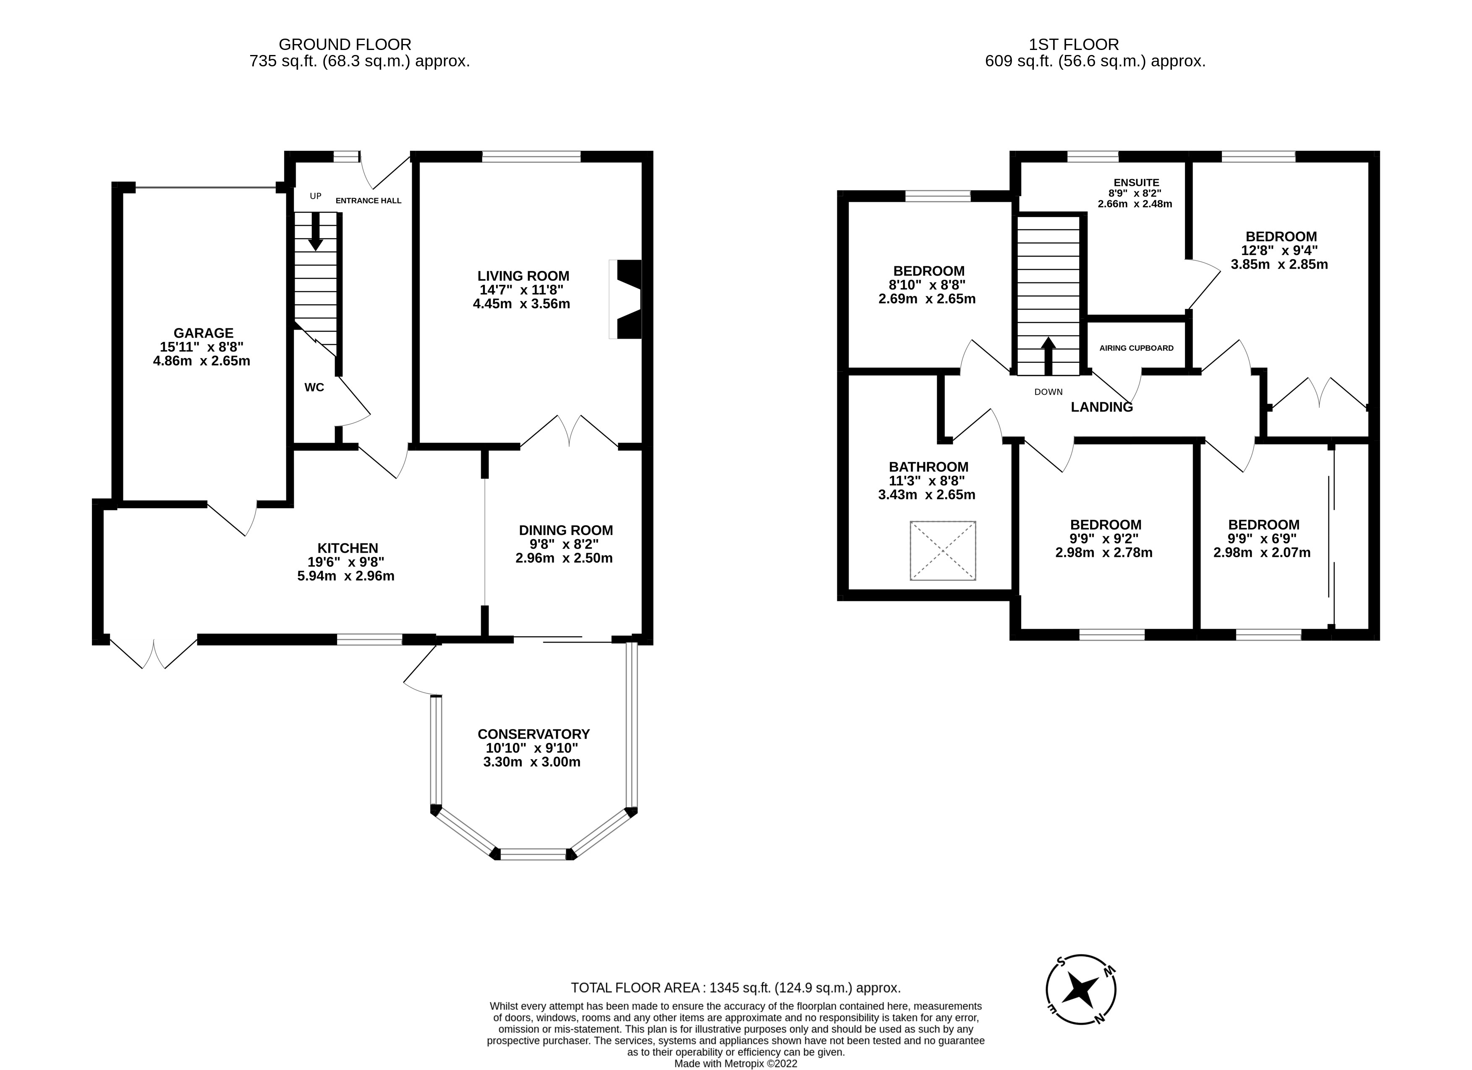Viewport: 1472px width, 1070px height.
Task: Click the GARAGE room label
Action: coord(203,333)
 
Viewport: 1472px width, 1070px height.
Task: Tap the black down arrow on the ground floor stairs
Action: coord(316,233)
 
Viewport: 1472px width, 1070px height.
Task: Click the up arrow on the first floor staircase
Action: coord(1048,356)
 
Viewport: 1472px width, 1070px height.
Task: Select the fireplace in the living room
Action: coord(626,299)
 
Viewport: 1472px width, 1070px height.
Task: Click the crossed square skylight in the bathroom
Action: coord(942,551)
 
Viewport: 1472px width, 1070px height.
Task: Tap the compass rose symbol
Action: coord(1081,991)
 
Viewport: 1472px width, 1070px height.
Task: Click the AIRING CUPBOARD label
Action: coord(1137,348)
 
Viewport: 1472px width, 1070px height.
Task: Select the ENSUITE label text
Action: coord(1136,182)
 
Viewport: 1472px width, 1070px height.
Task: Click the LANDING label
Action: coord(1101,407)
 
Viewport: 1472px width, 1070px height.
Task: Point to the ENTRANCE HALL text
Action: coord(368,201)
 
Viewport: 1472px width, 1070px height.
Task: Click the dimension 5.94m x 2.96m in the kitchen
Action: coord(346,576)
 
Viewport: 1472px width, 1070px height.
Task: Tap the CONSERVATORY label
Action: coord(533,734)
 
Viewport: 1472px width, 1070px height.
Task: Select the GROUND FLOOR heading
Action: coord(345,44)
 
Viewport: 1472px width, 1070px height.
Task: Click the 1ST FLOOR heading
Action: coord(1074,44)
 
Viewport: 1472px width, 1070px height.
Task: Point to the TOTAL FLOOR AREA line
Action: coord(735,988)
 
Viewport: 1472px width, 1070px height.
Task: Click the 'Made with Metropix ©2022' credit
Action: coord(735,1064)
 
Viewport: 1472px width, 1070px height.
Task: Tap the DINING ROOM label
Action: coord(565,530)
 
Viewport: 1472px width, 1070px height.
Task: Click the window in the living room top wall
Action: coord(531,157)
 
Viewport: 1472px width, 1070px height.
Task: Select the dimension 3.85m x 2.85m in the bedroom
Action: coord(1279,264)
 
